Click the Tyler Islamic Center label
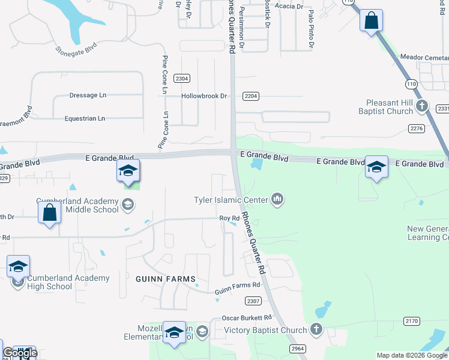[231, 199]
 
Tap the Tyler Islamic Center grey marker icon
[277, 199]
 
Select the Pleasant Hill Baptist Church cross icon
[422, 107]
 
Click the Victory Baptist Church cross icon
[316, 329]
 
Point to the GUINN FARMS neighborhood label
[166, 279]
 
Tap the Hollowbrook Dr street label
[205, 96]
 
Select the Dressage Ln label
[88, 95]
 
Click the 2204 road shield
[250, 96]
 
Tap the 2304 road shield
[182, 79]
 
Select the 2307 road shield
[253, 301]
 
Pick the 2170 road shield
[411, 322]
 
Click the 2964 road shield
[298, 349]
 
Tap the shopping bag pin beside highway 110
[372, 21]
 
